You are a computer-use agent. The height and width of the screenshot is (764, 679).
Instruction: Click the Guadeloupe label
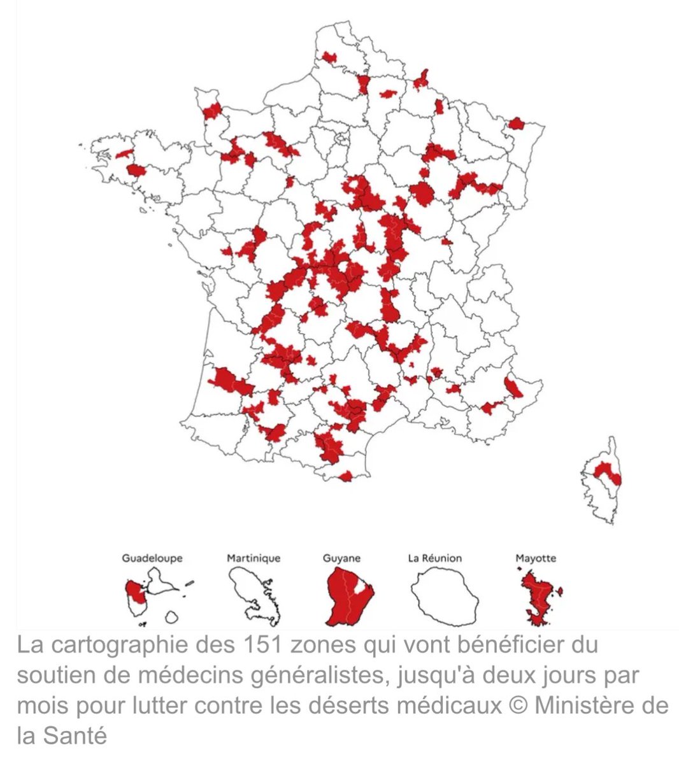pyautogui.click(x=152, y=558)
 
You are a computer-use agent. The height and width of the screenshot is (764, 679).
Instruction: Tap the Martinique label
pyautogui.click(x=254, y=558)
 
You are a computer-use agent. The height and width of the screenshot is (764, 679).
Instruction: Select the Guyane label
pyautogui.click(x=342, y=558)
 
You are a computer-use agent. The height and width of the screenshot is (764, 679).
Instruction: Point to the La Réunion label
pyautogui.click(x=435, y=558)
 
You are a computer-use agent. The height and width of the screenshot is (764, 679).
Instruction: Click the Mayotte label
pyautogui.click(x=536, y=558)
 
